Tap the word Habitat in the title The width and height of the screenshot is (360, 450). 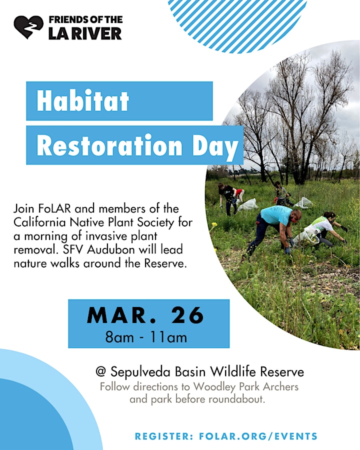click(x=83, y=100)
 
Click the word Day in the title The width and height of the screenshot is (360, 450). click(x=215, y=147)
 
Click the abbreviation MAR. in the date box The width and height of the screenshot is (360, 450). click(x=120, y=315)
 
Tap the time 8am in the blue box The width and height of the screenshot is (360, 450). click(x=119, y=337)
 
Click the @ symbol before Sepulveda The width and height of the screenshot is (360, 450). click(x=101, y=371)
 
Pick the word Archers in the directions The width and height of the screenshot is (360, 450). click(x=280, y=387)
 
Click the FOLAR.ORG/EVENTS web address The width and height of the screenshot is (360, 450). click(x=258, y=436)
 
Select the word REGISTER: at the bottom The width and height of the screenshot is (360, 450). click(x=164, y=436)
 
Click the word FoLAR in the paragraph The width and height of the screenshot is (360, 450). click(x=54, y=208)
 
